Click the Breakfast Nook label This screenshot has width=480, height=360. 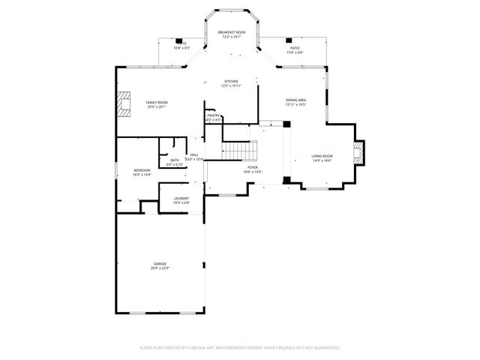pyautogui.click(x=231, y=33)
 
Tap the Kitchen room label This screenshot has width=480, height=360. pyautogui.click(x=231, y=81)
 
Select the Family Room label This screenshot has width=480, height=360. pyautogui.click(x=156, y=102)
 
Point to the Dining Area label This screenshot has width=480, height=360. pyautogui.click(x=295, y=100)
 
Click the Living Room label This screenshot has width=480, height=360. pyautogui.click(x=322, y=156)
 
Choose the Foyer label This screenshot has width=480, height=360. pyautogui.click(x=253, y=168)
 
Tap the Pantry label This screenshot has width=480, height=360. pyautogui.click(x=213, y=115)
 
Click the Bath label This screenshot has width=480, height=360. pyautogui.click(x=174, y=160)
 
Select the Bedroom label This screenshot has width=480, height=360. pyautogui.click(x=142, y=170)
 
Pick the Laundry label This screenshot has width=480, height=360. pyautogui.click(x=181, y=198)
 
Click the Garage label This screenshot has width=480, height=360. pyautogui.click(x=160, y=264)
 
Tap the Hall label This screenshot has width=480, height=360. pyautogui.click(x=194, y=155)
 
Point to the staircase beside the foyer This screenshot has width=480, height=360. pyautogui.click(x=240, y=151)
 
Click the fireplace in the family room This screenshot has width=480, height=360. pyautogui.click(x=121, y=103)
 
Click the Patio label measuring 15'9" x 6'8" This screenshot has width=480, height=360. pyautogui.click(x=295, y=48)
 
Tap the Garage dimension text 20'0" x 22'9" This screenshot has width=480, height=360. pyautogui.click(x=160, y=268)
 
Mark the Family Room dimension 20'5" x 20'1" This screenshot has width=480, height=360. pyautogui.click(x=156, y=106)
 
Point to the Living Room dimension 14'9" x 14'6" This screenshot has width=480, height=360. pyautogui.click(x=322, y=160)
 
